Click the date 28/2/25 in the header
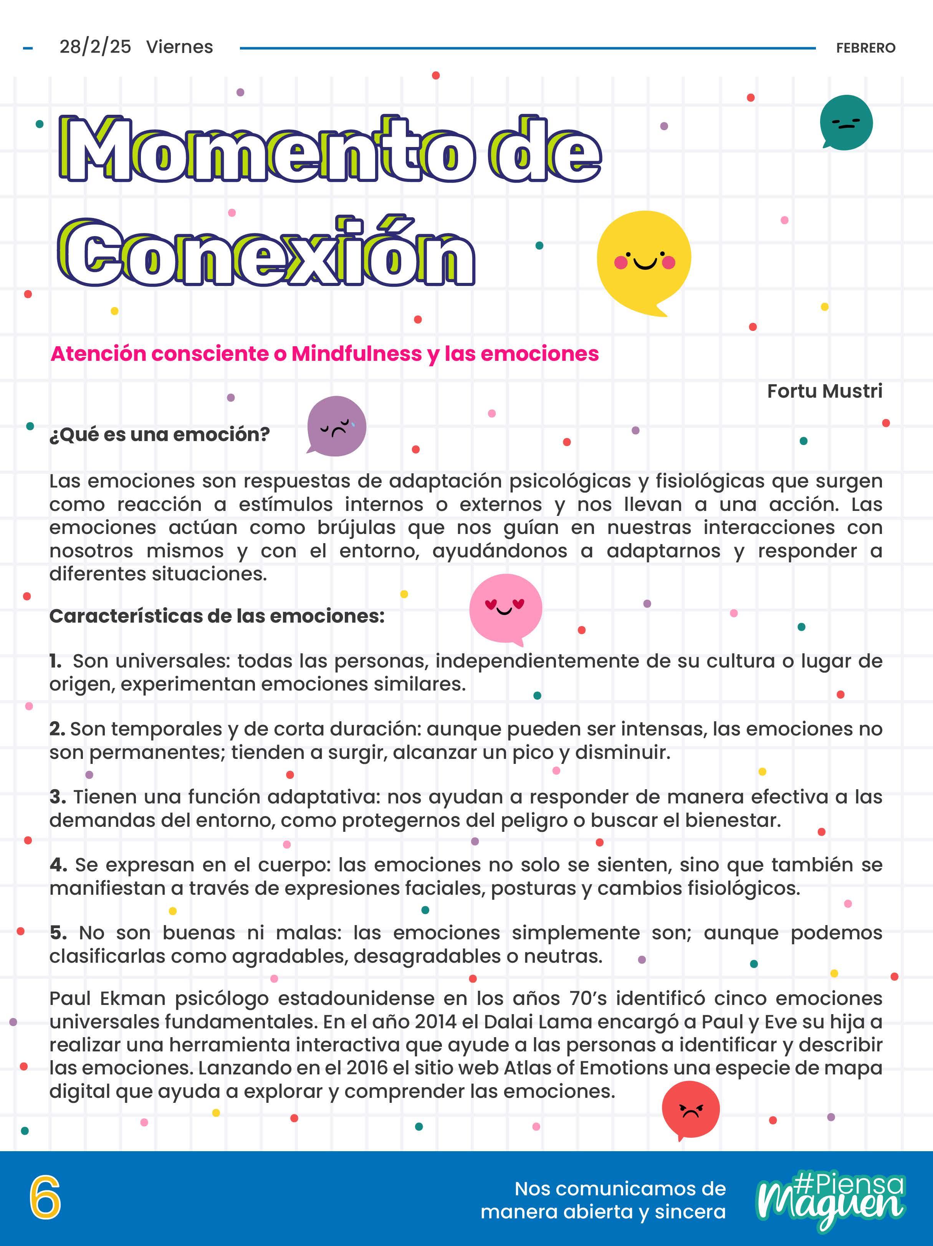pyautogui.click(x=95, y=47)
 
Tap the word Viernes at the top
pyautogui.click(x=180, y=47)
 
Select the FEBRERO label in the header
pyautogui.click(x=865, y=48)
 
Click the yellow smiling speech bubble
pyautogui.click(x=644, y=261)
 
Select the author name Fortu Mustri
pyautogui.click(x=824, y=391)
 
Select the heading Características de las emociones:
pyautogui.click(x=217, y=616)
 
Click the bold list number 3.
pyautogui.click(x=57, y=797)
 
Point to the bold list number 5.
pyautogui.click(x=58, y=933)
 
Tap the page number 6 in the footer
pyautogui.click(x=45, y=1199)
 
